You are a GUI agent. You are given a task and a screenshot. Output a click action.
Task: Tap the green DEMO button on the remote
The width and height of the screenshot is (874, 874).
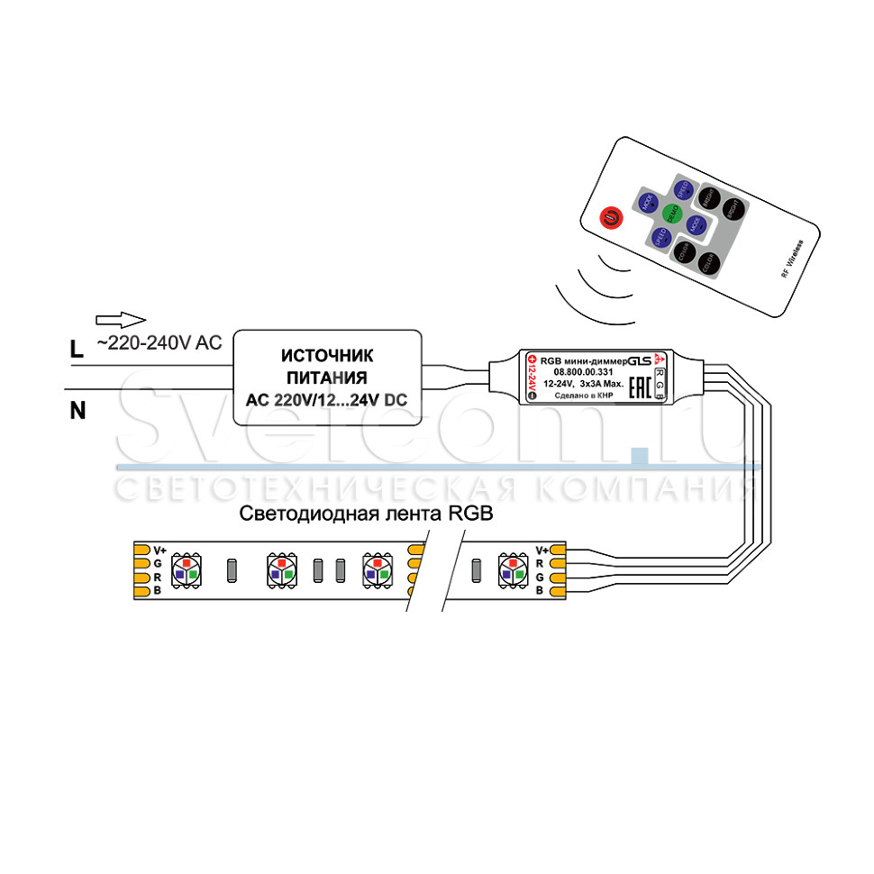[x=670, y=213]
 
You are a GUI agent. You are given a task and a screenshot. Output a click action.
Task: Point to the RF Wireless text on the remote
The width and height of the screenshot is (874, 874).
[x=789, y=258]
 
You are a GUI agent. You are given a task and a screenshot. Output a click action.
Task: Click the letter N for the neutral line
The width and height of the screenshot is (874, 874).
[x=78, y=412]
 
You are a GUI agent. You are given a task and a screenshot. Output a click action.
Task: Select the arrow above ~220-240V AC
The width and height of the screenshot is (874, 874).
[x=120, y=319]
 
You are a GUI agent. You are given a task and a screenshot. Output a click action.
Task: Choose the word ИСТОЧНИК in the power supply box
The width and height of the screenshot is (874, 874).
[x=325, y=356]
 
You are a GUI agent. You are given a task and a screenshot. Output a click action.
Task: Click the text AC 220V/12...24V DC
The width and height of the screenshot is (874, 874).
[x=326, y=399]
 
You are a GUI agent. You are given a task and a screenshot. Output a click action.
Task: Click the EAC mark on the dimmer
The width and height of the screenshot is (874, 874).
[x=638, y=388]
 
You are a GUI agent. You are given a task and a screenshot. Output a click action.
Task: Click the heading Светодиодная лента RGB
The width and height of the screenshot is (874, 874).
[x=367, y=514]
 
